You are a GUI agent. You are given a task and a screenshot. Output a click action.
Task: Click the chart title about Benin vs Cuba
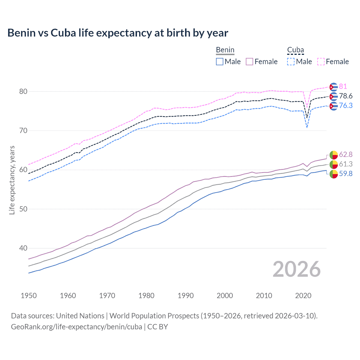click(118, 33)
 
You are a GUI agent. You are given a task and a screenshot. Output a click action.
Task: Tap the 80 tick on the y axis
click(23, 91)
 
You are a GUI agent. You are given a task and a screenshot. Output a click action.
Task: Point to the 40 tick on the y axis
click(23, 248)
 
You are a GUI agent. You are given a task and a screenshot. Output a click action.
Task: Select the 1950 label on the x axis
click(29, 296)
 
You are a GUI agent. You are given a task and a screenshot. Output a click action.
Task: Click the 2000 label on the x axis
click(225, 296)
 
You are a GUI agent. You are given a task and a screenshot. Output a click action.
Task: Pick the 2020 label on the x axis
click(303, 296)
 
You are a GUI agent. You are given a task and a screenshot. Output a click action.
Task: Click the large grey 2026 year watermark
click(296, 269)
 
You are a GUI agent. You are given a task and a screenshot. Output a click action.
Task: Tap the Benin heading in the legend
click(225, 50)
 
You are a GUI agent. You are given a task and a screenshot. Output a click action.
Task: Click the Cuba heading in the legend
click(295, 50)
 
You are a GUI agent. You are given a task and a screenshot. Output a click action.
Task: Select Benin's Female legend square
click(249, 62)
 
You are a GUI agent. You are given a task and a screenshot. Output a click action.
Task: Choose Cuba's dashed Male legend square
click(291, 62)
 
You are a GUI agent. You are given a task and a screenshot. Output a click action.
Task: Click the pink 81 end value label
click(343, 86)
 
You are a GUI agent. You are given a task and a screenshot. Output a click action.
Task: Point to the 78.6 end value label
click(346, 96)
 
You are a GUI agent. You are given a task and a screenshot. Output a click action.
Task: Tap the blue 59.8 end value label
click(346, 174)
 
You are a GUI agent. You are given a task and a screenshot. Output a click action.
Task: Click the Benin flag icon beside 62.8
click(334, 155)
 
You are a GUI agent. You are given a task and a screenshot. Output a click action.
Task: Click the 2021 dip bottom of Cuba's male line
click(307, 127)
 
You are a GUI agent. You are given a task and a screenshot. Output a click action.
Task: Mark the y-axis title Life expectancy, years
click(12, 180)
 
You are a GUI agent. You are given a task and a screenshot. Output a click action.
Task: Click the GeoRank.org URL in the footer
click(76, 327)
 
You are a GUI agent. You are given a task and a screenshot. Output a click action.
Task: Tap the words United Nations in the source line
click(80, 316)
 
